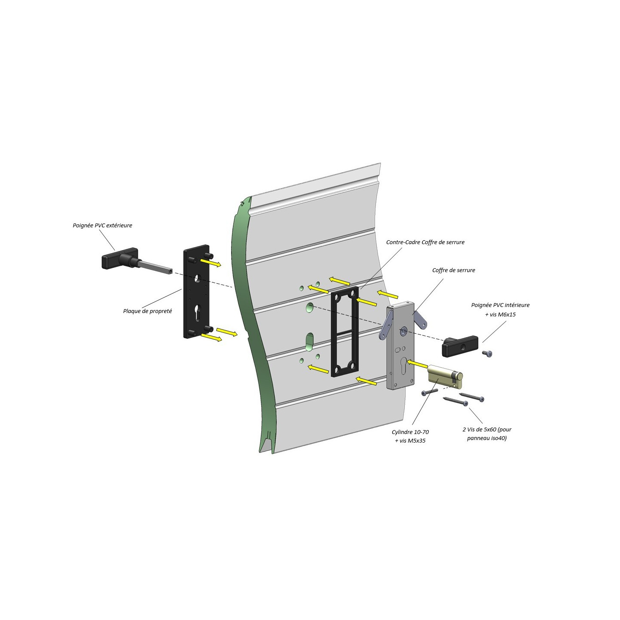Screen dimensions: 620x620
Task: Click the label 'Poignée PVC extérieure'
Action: click(x=102, y=225)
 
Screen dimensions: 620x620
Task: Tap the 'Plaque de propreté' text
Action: click(x=147, y=311)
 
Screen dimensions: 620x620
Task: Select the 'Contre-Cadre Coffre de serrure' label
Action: click(x=425, y=242)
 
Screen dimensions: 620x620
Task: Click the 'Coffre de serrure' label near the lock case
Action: click(x=453, y=270)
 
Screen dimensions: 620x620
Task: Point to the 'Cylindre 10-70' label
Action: click(x=410, y=432)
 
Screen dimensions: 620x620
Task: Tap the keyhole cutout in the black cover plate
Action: click(x=198, y=313)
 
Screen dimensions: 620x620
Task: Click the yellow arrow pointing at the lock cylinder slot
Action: click(x=416, y=364)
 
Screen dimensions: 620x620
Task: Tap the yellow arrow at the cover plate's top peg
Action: click(x=211, y=262)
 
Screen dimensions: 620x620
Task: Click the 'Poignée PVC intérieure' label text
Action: click(x=500, y=305)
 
